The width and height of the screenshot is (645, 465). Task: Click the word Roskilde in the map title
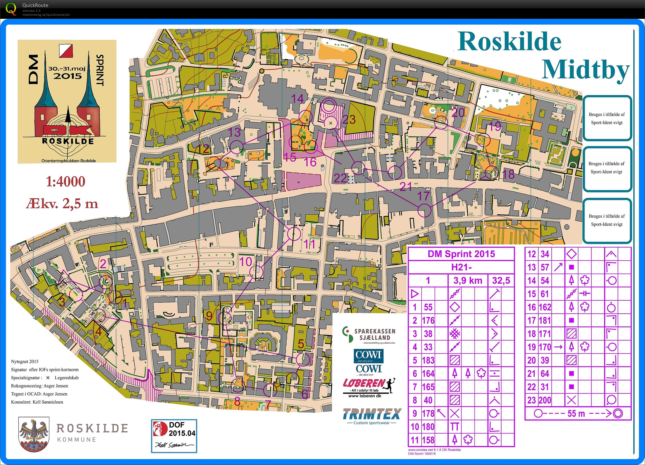pos(509,42)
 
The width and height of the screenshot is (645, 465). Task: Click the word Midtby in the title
pos(585,70)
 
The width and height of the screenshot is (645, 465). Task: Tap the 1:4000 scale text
pos(66,182)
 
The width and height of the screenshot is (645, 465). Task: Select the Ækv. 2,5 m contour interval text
pos(62,204)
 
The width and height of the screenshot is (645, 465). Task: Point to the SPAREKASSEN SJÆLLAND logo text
pos(375,334)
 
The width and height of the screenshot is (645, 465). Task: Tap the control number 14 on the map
pos(297,99)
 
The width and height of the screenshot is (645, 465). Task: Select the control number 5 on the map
pos(301,344)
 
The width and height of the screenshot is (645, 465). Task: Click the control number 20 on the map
pos(458,113)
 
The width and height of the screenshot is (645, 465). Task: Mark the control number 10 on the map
pos(246,262)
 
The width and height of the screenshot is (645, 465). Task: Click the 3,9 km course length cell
pos(468,281)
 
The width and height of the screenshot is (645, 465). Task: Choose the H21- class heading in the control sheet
pos(461,267)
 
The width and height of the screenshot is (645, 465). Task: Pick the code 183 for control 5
pos(428,360)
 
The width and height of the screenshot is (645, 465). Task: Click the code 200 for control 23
pos(544,400)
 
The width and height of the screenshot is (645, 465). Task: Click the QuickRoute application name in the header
pos(35,5)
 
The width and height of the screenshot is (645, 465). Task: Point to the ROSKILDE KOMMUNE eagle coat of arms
pos(34,434)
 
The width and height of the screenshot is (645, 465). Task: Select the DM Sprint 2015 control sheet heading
pos(461,254)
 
